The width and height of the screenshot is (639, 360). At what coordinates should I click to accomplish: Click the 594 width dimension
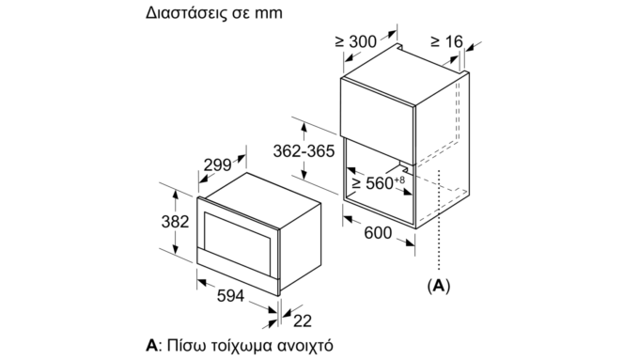(x=230, y=296)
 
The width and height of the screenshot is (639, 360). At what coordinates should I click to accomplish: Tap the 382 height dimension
(x=175, y=222)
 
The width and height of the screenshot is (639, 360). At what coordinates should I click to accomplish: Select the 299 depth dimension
(x=217, y=165)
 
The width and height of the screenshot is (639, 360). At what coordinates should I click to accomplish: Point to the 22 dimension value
(x=303, y=321)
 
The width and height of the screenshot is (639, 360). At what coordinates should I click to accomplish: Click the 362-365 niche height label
(x=304, y=151)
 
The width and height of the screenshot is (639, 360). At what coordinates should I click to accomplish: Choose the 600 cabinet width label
(x=378, y=233)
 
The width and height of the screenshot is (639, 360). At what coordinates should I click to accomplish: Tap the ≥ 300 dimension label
(x=356, y=41)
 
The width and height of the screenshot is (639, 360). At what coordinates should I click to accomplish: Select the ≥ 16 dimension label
(x=447, y=41)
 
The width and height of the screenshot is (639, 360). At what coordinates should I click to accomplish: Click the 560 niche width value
(x=380, y=183)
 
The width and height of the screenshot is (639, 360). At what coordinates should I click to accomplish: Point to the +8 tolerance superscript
(x=399, y=180)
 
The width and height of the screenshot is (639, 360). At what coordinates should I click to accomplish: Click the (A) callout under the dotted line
(x=439, y=286)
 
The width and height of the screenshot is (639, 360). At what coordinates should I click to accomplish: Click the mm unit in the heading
(x=269, y=13)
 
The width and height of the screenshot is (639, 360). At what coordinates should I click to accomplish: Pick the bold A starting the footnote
(x=151, y=345)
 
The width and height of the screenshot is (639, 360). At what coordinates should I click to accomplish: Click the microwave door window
(x=238, y=243)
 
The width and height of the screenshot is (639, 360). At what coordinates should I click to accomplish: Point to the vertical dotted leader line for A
(x=439, y=220)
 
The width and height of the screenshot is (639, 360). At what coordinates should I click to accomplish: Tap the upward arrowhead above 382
(x=176, y=195)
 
